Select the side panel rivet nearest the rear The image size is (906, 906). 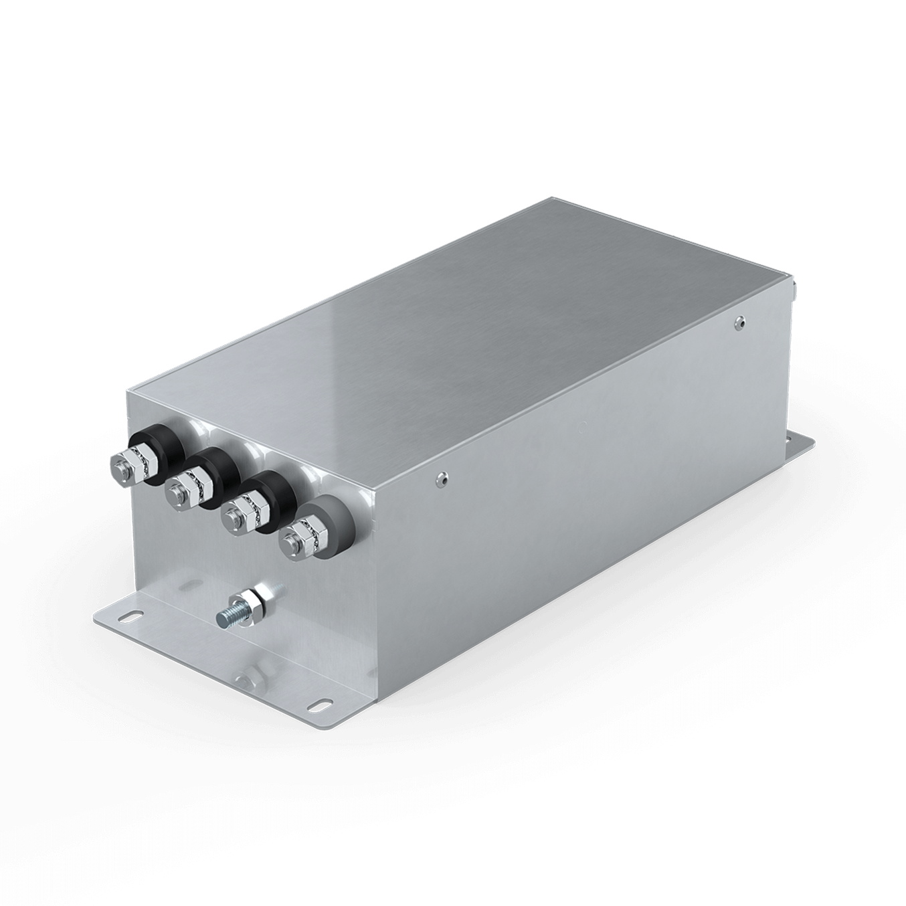tap(739, 323)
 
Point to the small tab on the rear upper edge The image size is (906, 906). tap(794, 287)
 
